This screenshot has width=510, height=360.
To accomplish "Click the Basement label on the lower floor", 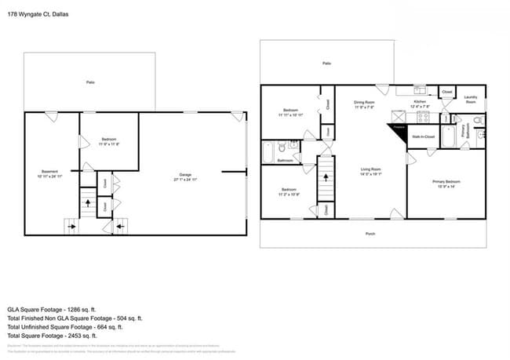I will [49, 174].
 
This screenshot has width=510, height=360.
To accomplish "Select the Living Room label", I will [370, 171].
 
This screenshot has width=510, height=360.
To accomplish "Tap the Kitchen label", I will [420, 104].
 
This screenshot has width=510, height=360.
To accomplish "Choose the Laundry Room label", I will [471, 100].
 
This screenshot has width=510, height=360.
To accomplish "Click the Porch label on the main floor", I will [370, 233].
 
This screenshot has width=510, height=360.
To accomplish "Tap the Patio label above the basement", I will [91, 82].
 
